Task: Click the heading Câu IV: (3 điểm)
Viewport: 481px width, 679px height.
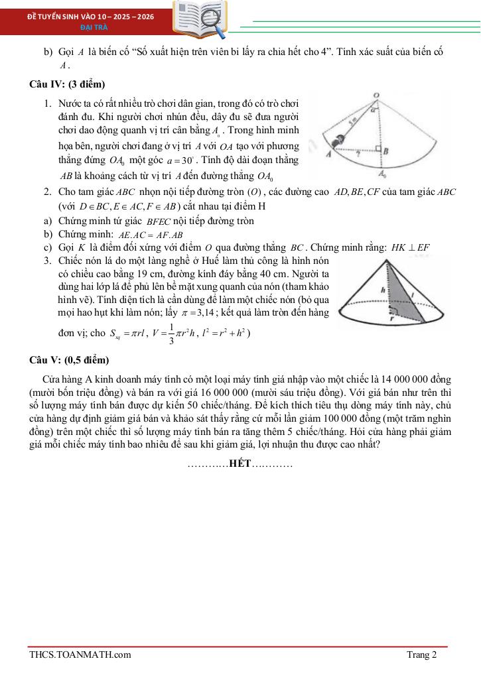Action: [x=67, y=84]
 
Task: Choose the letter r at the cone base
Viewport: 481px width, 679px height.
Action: [x=392, y=318]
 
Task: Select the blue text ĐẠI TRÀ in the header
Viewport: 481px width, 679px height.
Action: [x=90, y=28]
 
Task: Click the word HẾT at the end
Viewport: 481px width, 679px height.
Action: [x=239, y=463]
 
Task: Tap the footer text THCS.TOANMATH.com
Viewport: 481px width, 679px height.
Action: [x=80, y=655]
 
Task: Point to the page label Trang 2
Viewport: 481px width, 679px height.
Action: [x=422, y=655]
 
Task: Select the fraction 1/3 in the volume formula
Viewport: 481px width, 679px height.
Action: [x=172, y=334]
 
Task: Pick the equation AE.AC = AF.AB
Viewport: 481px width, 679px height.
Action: [x=150, y=235]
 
